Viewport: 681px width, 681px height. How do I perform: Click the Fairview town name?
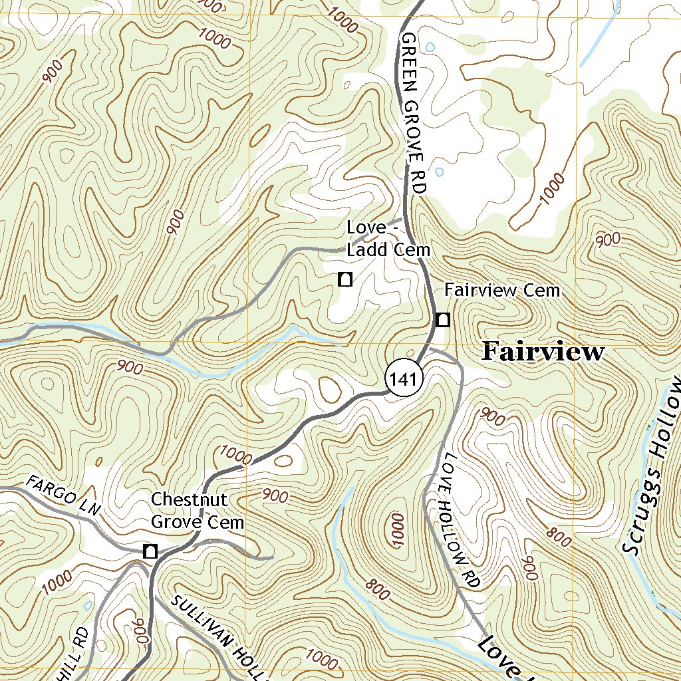pyautogui.click(x=543, y=351)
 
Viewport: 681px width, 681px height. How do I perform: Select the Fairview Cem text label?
pyautogui.click(x=502, y=291)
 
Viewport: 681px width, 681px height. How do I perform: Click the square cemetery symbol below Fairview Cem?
pyautogui.click(x=443, y=320)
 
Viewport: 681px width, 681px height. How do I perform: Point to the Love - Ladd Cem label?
pyautogui.click(x=388, y=239)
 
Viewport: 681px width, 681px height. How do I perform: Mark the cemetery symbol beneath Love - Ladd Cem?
pyautogui.click(x=344, y=279)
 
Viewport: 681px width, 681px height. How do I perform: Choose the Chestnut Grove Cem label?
pyautogui.click(x=197, y=511)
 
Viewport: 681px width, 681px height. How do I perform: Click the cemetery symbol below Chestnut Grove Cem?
pyautogui.click(x=150, y=551)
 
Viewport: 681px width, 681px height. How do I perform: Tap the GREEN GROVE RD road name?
pyautogui.click(x=412, y=113)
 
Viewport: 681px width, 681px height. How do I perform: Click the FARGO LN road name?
pyautogui.click(x=63, y=495)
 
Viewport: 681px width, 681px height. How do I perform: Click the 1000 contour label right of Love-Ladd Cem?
pyautogui.click(x=551, y=189)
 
